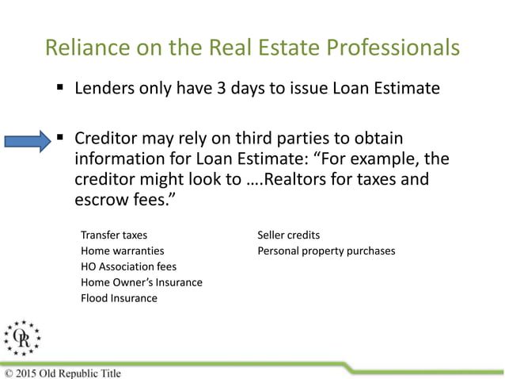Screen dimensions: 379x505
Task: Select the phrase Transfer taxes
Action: coord(114,235)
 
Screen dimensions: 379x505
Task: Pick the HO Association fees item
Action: coord(128,267)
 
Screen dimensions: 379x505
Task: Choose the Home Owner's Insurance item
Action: coord(142,282)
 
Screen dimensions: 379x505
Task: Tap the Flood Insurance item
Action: coord(119,298)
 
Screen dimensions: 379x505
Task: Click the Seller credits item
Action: coord(289,235)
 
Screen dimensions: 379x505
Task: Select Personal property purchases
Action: coord(326,251)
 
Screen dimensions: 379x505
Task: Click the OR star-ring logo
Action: coord(22,338)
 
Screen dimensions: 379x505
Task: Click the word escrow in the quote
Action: coord(97,200)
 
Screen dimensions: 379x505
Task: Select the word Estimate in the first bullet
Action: coord(404,87)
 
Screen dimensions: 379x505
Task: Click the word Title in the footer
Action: coord(108,373)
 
